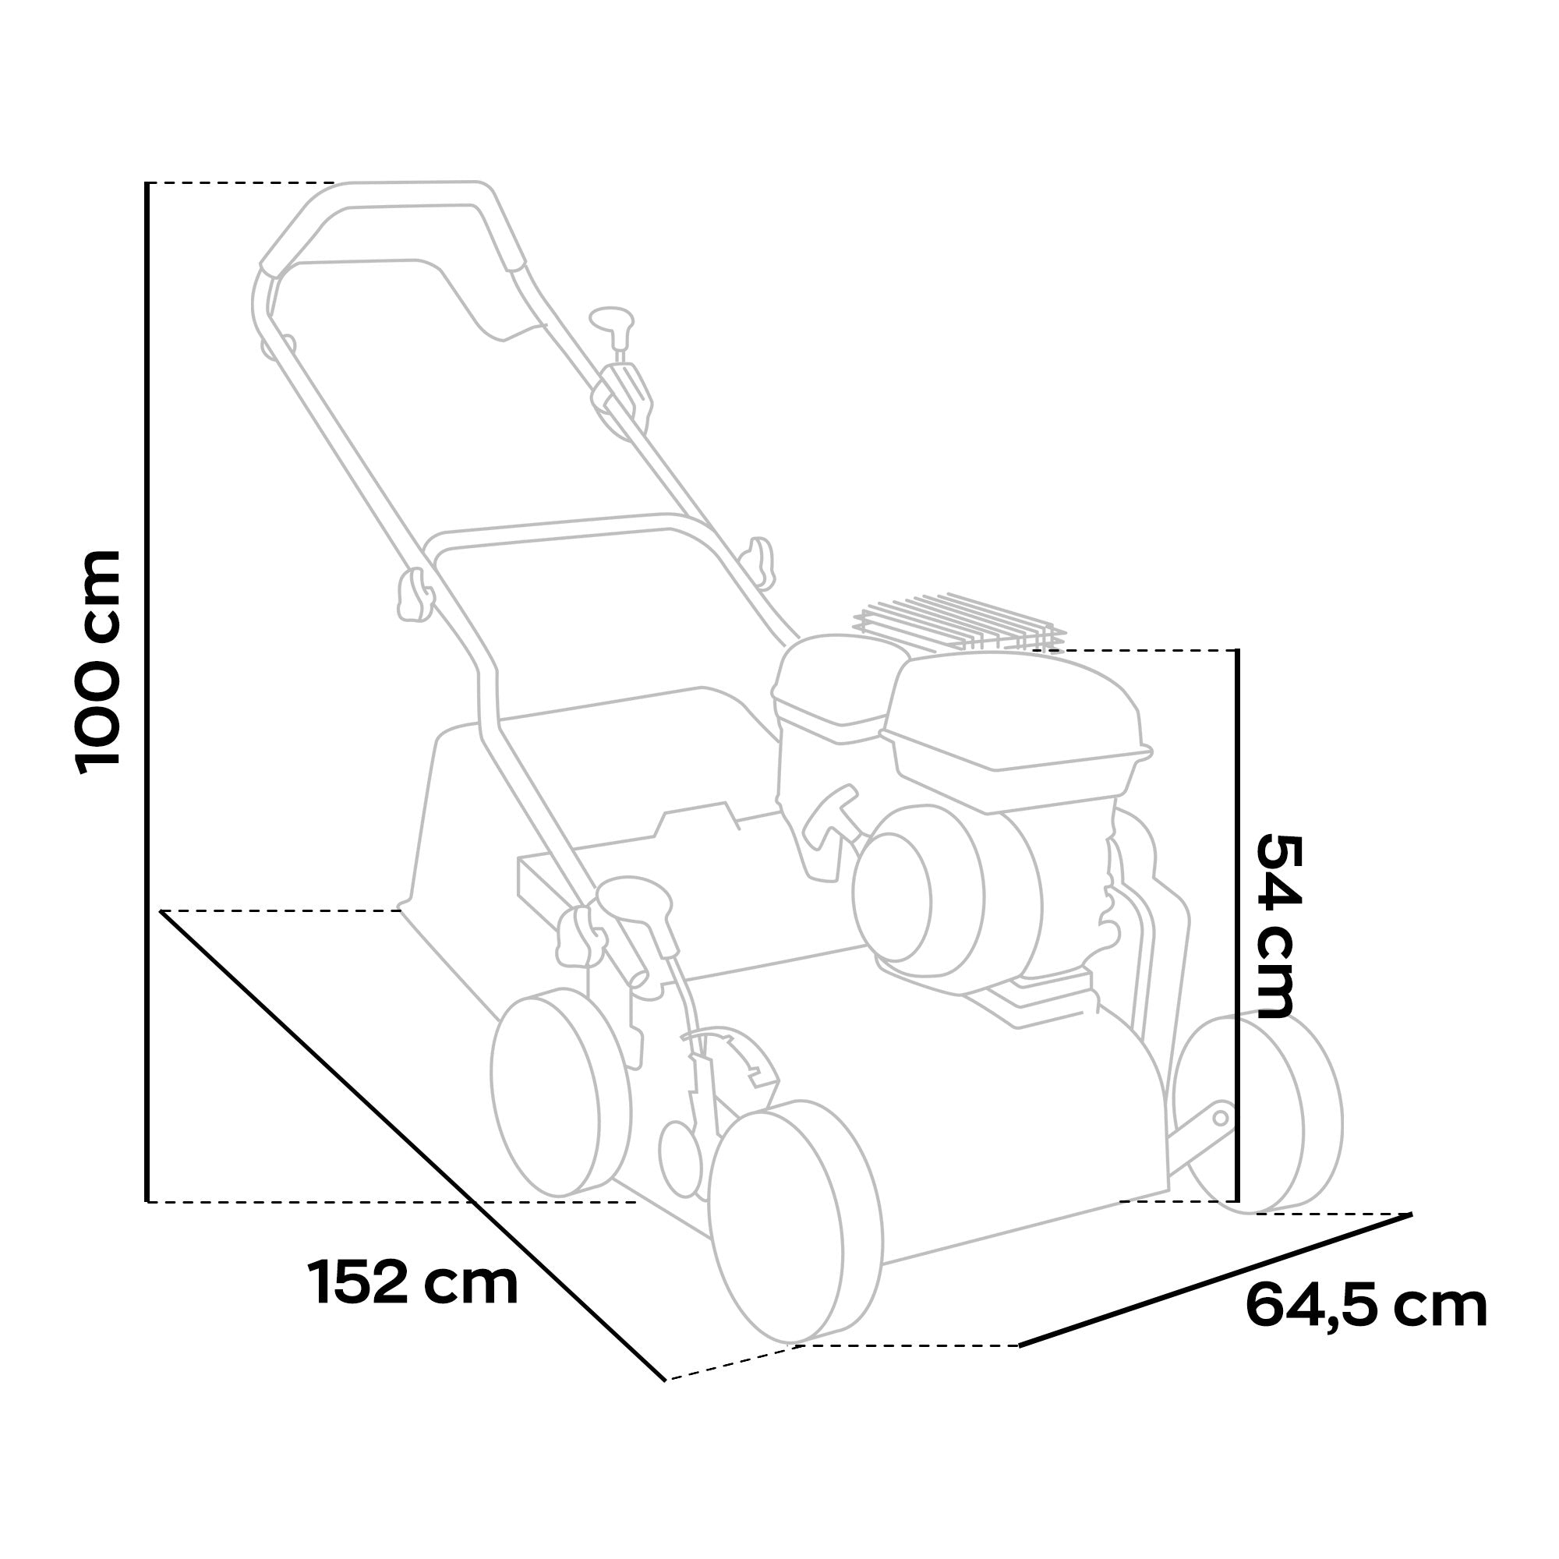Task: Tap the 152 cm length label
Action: coord(412,1284)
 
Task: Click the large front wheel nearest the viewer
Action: coord(795,1231)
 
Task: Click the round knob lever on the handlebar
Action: coord(611,316)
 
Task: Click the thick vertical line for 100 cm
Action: coord(147,694)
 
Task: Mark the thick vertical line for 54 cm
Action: coord(1237,928)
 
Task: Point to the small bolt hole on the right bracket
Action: coord(1220,1118)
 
